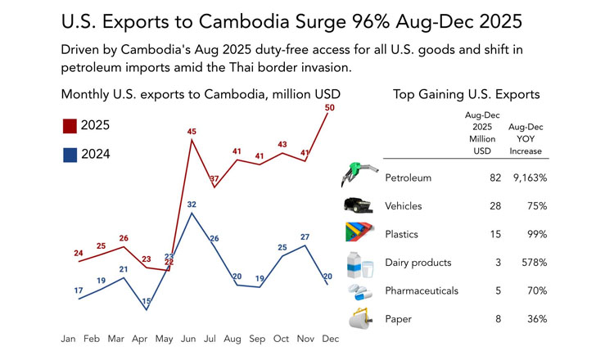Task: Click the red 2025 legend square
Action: click(70, 125)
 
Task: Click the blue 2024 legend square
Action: click(70, 154)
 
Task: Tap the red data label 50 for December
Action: click(330, 107)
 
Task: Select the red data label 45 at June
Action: click(192, 132)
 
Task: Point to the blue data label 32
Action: click(192, 205)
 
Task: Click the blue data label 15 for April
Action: click(147, 302)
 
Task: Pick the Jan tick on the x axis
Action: click(69, 339)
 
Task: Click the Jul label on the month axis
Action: click(211, 339)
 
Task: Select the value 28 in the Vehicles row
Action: click(495, 206)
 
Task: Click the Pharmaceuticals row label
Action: click(421, 290)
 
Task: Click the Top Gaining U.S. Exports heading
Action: click(467, 94)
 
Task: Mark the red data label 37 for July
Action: click(214, 178)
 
